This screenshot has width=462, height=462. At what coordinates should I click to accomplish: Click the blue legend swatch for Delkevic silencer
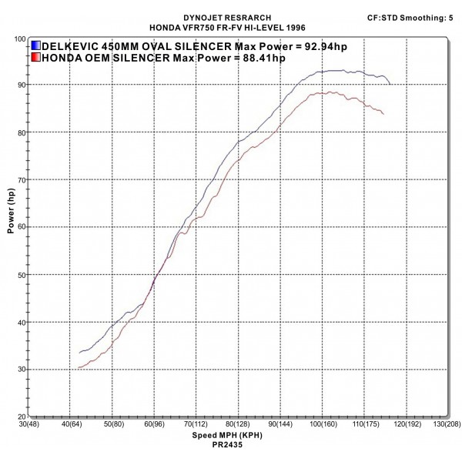[37, 46]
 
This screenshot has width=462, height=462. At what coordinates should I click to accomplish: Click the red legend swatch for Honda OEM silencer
[37, 58]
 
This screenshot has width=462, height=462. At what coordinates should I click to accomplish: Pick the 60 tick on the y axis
[20, 227]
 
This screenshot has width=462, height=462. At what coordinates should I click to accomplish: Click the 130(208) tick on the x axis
[447, 425]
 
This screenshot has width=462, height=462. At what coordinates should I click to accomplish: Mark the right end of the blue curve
[390, 83]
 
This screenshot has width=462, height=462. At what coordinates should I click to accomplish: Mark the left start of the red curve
[79, 367]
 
